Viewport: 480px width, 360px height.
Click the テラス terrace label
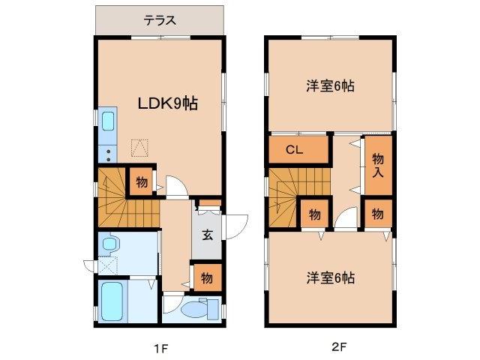tap(160, 20)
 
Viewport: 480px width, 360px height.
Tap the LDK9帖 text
tap(166, 103)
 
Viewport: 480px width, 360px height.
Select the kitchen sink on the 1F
tap(106, 122)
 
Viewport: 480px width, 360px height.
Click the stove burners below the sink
tap(106, 154)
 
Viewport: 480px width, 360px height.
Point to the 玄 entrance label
tap(207, 232)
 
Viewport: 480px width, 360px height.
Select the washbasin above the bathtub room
tap(111, 244)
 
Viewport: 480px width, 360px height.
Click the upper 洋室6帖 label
tap(330, 86)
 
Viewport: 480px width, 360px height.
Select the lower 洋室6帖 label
tap(330, 277)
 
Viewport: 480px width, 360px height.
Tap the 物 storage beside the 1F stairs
tap(142, 182)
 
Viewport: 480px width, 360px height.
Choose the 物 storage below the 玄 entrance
tap(206, 277)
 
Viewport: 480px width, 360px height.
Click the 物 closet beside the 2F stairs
tap(314, 214)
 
